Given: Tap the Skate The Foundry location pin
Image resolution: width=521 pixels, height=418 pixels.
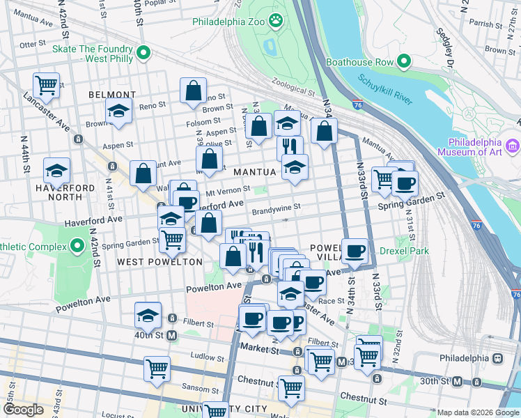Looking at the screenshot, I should [144, 53].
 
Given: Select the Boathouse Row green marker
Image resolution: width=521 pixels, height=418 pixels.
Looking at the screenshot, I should [403, 62].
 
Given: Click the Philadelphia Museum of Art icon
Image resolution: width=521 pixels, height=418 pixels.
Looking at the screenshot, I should [513, 146].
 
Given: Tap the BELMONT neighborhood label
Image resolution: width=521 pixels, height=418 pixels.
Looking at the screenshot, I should [112, 95].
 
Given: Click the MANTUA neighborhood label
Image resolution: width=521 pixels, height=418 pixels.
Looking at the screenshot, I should [255, 171].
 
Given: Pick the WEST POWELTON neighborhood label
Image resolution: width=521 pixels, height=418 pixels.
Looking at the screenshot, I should [160, 262].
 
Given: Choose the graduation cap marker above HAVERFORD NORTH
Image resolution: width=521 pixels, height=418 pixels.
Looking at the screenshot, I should [56, 170].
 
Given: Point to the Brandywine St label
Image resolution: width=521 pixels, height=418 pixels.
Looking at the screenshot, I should [276, 207].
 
